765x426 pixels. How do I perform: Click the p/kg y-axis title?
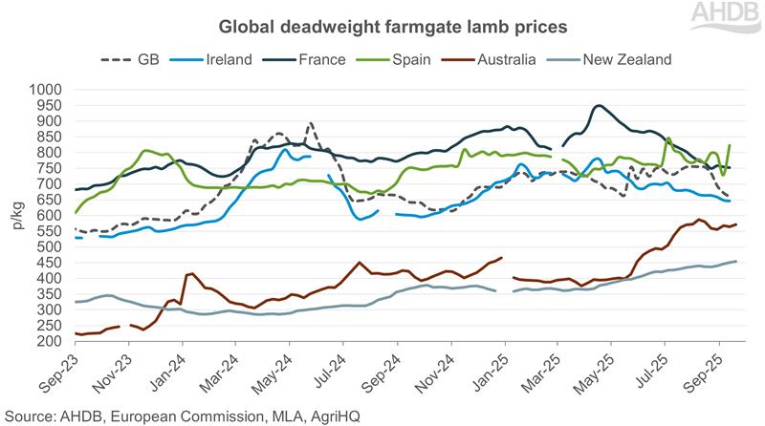(x=16, y=216)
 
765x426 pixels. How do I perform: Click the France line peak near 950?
(x=599, y=106)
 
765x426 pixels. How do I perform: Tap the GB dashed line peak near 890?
(x=310, y=123)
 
